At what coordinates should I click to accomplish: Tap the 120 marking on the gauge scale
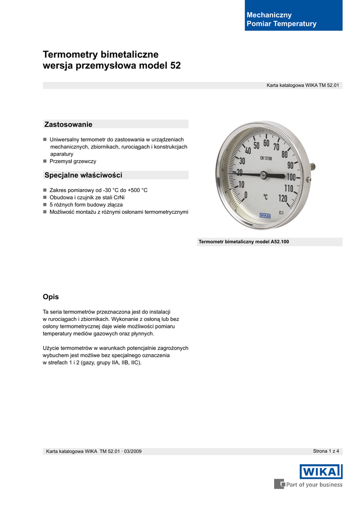[x=283, y=198]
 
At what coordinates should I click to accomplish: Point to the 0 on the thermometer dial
[x=246, y=195]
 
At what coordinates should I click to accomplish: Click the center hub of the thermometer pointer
[x=264, y=175]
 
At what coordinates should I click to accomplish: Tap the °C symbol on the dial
[x=266, y=197]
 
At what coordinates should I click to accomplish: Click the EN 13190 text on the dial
[x=269, y=158]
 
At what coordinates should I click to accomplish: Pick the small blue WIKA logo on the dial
[x=265, y=215]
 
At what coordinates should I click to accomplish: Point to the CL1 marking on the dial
[x=282, y=212]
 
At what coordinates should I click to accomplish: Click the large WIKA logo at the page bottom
[x=321, y=471]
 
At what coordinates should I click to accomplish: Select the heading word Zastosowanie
[x=69, y=124]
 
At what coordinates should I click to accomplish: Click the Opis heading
[x=51, y=297]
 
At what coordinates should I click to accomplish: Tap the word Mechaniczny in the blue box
[x=269, y=15]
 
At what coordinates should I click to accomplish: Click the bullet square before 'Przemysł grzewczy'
[x=45, y=161]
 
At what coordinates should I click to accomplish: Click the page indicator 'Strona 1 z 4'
[x=326, y=451]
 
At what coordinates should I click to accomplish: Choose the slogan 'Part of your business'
[x=314, y=485]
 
